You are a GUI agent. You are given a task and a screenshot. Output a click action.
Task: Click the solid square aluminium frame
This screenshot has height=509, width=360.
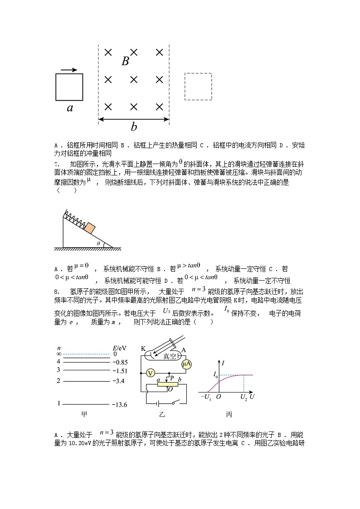click(69, 87)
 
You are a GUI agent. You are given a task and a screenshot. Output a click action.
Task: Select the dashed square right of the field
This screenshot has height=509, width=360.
click(198, 87)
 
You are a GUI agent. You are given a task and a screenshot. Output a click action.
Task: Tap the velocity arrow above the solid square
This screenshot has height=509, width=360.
click(69, 70)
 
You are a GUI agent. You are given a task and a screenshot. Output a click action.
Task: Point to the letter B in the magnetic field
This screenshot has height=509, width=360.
click(126, 62)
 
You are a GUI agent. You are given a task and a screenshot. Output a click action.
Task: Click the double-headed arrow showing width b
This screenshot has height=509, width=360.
click(134, 119)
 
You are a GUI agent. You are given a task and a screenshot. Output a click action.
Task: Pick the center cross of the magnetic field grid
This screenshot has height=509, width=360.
click(134, 80)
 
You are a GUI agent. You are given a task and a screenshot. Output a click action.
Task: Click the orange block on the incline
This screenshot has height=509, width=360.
click(89, 228)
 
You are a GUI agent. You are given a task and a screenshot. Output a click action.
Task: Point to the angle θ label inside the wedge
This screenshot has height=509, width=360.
click(98, 243)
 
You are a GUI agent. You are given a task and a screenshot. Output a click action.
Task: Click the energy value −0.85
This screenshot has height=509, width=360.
click(120, 362)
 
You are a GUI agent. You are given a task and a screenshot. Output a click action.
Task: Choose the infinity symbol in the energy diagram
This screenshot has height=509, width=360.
click(58, 354)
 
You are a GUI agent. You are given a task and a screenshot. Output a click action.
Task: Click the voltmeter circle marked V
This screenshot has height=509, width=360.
click(151, 373)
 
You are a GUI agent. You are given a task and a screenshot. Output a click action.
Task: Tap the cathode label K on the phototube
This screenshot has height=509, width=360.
click(143, 349)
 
